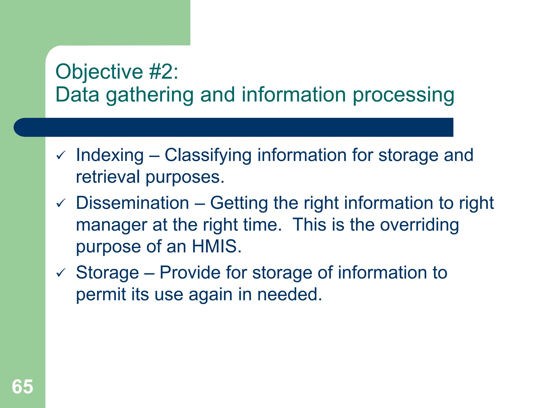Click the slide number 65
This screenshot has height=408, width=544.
[23, 387]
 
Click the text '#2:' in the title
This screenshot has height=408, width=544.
[164, 72]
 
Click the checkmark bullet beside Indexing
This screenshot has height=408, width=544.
[61, 155]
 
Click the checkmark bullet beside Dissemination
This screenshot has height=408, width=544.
[61, 203]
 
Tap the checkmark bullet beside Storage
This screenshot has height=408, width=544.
[61, 273]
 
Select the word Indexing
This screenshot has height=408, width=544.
[110, 155]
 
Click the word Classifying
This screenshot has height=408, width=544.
[208, 155]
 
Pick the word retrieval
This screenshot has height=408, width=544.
[108, 177]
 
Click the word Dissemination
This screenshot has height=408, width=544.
[132, 203]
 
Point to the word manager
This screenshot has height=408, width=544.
[111, 225]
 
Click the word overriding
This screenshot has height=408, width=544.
[419, 225]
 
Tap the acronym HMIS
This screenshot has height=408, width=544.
[214, 246]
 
